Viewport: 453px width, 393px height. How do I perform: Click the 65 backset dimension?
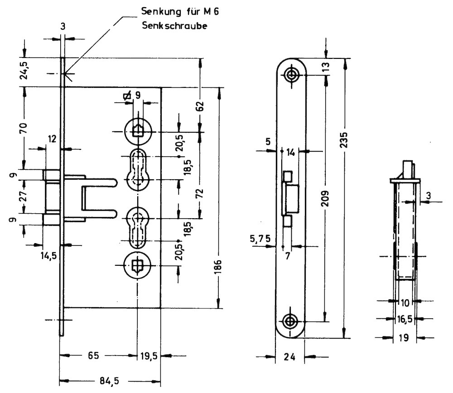93,356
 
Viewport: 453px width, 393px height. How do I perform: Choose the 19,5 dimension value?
149,356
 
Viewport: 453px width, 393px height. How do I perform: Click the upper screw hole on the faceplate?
291,74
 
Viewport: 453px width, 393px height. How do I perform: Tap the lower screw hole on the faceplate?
290,321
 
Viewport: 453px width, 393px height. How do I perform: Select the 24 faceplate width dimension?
290,357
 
